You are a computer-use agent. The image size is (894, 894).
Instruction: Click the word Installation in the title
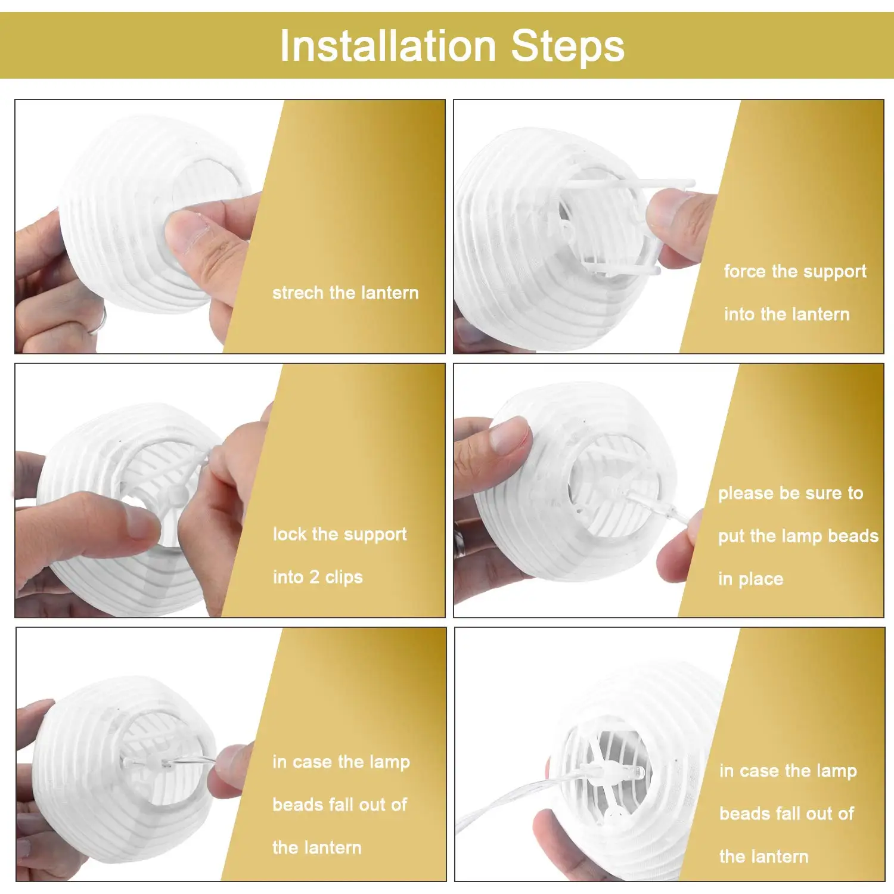click(x=388, y=46)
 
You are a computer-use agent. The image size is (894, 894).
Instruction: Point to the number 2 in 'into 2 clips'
click(x=314, y=577)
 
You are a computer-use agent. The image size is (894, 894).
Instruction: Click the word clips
click(x=344, y=578)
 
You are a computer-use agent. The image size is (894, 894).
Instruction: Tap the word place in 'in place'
click(x=760, y=579)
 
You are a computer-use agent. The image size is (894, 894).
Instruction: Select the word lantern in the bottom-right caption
click(x=781, y=857)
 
